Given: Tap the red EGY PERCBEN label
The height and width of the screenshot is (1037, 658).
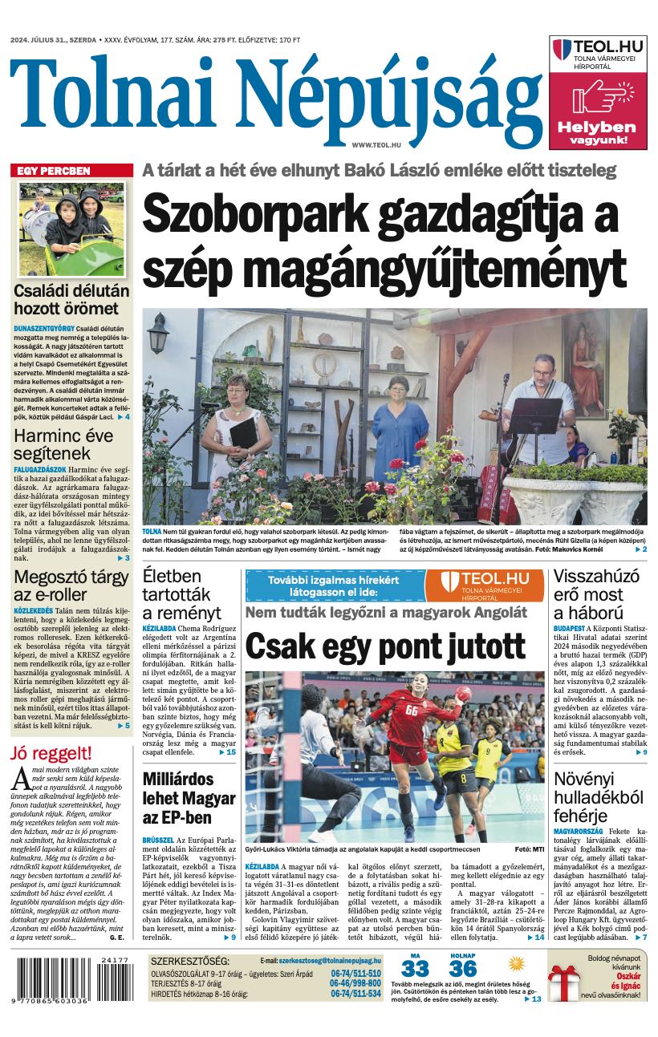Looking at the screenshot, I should tap(54, 171).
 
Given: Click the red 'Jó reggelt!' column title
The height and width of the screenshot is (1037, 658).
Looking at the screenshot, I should tap(51, 753).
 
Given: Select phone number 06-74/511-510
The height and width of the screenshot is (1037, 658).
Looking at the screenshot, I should tap(355, 974).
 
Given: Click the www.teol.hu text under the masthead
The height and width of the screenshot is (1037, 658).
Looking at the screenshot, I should tap(376, 144).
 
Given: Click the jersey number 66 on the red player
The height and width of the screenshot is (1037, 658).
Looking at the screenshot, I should tap(411, 711).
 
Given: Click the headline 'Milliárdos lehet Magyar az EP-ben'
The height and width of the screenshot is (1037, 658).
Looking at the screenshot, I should tap(189, 798).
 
